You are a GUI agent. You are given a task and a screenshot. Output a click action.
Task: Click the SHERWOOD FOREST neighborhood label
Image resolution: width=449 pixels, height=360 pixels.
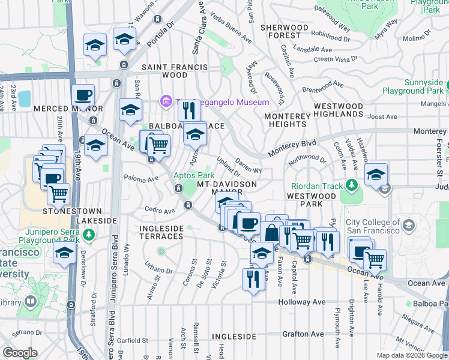280,31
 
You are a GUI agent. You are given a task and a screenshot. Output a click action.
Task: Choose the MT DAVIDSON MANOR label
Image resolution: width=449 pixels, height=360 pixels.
228,188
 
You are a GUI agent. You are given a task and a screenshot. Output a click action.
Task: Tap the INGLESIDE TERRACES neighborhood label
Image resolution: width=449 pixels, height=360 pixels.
160,232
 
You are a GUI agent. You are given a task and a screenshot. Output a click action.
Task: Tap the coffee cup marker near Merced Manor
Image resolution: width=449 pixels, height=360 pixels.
83,95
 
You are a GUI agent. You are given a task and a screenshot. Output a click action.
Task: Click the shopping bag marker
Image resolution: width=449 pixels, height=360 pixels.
271,232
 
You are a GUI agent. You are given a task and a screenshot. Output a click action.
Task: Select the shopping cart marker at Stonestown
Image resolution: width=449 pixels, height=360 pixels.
59,194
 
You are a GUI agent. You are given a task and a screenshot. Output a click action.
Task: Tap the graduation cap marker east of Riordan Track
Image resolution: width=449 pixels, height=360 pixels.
376,175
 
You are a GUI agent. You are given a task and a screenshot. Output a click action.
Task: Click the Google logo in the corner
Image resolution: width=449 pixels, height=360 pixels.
20,353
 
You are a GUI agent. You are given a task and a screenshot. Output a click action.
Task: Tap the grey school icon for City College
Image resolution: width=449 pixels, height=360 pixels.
409,226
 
